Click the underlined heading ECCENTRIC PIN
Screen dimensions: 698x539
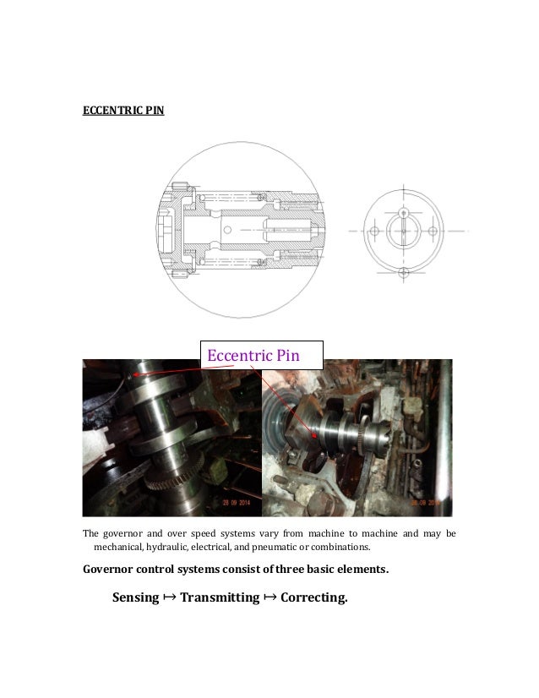pos(122,111)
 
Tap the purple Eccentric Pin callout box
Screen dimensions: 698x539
pos(261,355)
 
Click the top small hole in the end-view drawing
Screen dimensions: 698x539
pos(403,210)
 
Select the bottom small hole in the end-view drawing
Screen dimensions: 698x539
pos(403,272)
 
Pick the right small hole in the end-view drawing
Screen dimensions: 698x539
pos(433,231)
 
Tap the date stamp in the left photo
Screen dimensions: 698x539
pos(242,501)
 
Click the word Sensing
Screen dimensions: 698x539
pos(135,597)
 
